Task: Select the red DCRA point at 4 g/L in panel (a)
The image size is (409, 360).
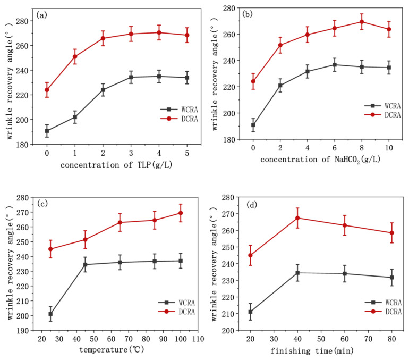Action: point(159,32)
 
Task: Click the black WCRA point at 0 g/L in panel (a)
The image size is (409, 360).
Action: point(47,131)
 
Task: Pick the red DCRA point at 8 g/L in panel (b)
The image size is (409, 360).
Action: point(362,22)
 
